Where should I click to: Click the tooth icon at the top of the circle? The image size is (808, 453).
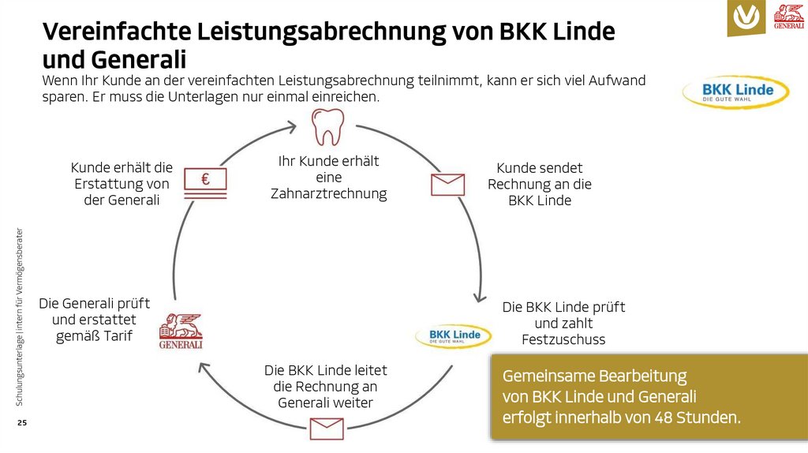[327, 128]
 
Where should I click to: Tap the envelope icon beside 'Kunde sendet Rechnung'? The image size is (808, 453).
[447, 184]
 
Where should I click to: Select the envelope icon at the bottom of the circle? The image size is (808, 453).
[327, 429]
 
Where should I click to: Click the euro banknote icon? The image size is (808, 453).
[205, 181]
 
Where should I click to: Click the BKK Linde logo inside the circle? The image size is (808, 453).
[454, 336]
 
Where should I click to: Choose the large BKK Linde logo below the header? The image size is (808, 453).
[735, 92]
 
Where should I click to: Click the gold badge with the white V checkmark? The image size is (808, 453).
[746, 17]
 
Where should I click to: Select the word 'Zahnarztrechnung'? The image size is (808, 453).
[328, 194]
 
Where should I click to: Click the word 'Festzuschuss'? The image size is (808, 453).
[563, 340]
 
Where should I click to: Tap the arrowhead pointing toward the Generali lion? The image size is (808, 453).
[204, 368]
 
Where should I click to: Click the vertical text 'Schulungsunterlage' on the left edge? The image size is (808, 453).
[20, 362]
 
